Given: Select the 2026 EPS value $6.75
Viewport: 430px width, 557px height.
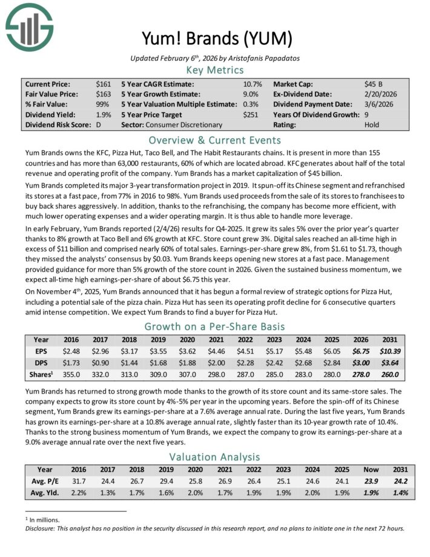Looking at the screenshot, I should pyautogui.click(x=362, y=350).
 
